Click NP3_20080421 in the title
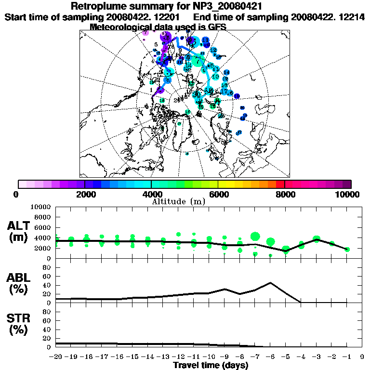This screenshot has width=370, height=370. (x=227, y=7)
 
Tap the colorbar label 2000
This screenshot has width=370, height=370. (x=85, y=194)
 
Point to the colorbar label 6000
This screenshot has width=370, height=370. (x=218, y=194)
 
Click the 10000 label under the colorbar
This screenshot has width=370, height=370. (x=348, y=194)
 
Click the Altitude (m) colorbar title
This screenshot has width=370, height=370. (x=179, y=201)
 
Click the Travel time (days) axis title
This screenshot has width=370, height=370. (x=211, y=365)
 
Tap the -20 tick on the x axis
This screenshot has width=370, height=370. (x=56, y=357)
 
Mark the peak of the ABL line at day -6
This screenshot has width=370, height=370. (x=271, y=283)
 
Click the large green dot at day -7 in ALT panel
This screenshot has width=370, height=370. (x=255, y=237)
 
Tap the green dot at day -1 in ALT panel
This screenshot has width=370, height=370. (x=347, y=249)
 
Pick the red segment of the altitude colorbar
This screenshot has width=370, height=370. (x=279, y=184)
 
